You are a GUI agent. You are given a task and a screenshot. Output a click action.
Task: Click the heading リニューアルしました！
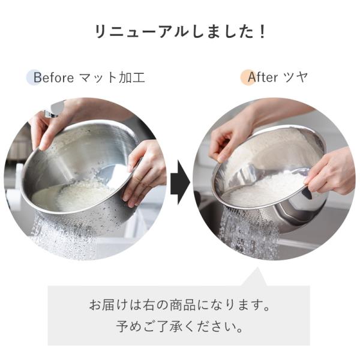point(180,31)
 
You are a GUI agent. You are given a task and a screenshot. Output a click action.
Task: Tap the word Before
point(54,77)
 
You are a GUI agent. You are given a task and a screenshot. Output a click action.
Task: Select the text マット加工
point(112,77)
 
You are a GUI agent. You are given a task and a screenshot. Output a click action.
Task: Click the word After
point(263,77)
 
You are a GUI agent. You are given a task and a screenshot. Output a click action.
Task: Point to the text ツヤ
point(295,77)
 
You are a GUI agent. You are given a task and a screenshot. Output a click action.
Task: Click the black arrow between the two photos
point(180,182)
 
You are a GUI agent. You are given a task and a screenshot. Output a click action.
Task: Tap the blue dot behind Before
point(34,77)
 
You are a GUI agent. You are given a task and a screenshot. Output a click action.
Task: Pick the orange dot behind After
point(248,77)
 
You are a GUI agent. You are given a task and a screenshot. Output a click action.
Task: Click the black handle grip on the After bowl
point(307,193)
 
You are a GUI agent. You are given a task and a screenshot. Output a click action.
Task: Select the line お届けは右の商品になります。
point(179,305)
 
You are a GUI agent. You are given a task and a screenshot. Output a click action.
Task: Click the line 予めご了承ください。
point(179,326)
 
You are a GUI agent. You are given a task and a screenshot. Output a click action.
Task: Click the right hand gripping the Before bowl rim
point(145,172)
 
